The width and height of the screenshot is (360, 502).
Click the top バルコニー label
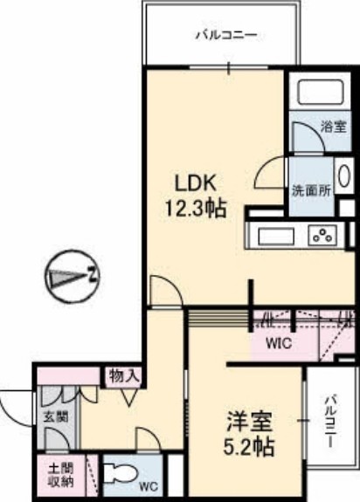225,37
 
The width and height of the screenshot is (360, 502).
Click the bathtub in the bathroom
320,92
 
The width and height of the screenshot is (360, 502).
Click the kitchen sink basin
273,233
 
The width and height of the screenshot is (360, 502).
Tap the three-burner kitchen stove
323,234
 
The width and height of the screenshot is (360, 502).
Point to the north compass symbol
73,278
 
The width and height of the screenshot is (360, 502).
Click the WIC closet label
278,342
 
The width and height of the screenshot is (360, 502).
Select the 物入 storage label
124,376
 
